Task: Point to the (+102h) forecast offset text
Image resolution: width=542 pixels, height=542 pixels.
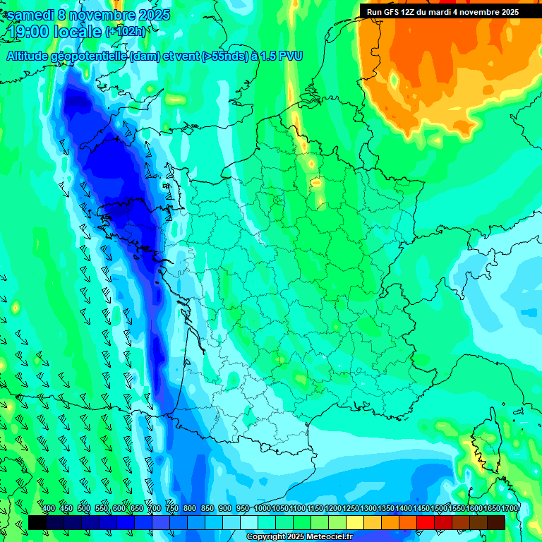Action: click(126, 31)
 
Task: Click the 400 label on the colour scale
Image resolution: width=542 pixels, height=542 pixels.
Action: click(49, 509)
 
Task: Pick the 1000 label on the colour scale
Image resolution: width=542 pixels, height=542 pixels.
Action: click(263, 509)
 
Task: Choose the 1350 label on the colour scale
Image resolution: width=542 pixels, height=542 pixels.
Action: click(386, 509)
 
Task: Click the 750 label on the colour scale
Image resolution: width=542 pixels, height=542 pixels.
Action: click(172, 509)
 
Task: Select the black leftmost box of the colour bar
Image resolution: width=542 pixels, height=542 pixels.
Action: click(37, 522)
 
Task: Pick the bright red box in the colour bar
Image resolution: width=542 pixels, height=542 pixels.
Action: click(425, 522)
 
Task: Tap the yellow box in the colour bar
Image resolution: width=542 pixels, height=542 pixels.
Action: click(354, 522)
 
